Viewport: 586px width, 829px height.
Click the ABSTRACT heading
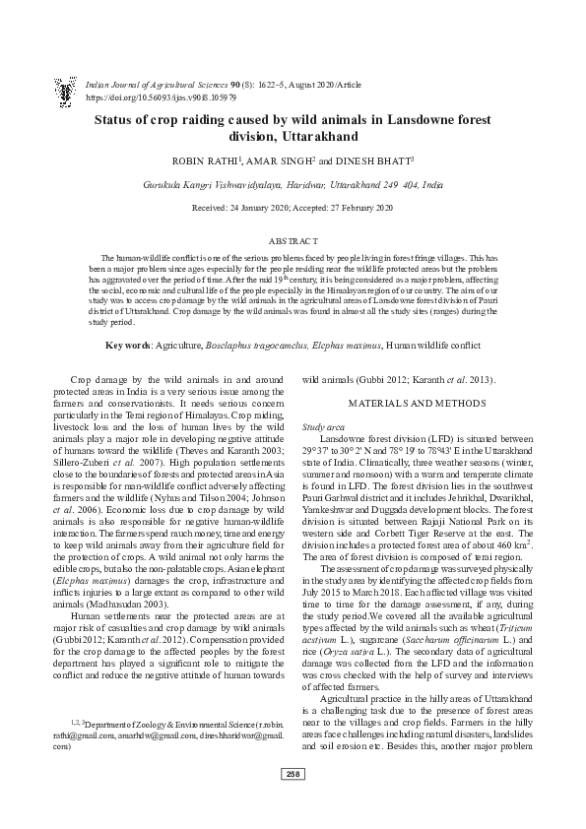click(293, 241)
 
